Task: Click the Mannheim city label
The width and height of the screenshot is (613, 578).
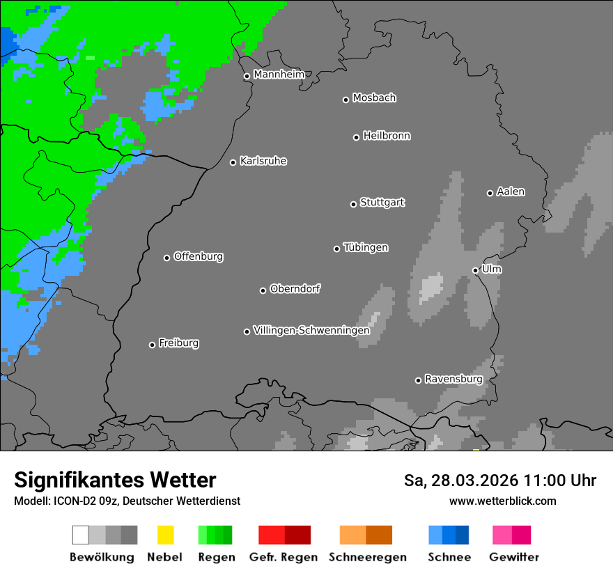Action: click(x=279, y=75)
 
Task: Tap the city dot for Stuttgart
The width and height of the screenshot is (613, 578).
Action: click(x=353, y=204)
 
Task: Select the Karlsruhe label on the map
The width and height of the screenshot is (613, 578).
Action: click(x=263, y=161)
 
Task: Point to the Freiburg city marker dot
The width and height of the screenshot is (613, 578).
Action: click(x=152, y=345)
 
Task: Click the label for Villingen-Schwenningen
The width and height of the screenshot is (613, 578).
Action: click(x=311, y=330)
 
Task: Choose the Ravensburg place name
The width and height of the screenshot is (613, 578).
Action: click(x=453, y=379)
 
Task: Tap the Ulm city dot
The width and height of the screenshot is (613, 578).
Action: click(x=475, y=270)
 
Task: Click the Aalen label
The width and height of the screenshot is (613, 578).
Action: click(x=511, y=192)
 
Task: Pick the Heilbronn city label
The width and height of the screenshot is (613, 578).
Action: click(x=387, y=136)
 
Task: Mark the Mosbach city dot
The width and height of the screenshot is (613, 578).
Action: click(x=346, y=100)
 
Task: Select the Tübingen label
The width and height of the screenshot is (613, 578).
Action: click(x=366, y=247)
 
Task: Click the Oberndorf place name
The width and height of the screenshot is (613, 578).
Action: click(x=295, y=288)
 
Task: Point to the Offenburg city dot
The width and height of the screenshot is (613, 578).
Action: click(x=166, y=258)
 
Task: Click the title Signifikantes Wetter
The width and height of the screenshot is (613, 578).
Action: click(x=115, y=480)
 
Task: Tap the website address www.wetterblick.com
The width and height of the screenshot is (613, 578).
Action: click(x=502, y=501)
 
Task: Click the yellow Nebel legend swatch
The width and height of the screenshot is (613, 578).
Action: click(x=165, y=535)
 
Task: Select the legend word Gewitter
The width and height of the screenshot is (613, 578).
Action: click(x=513, y=557)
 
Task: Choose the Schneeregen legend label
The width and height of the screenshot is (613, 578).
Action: click(x=367, y=557)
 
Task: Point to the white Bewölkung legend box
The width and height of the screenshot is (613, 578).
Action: click(x=81, y=535)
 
